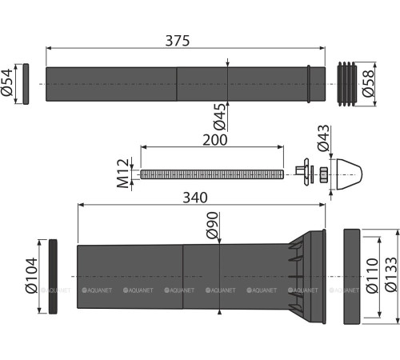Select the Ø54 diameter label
coord(9,83)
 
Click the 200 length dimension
coord(213,139)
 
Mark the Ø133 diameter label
coord(391,275)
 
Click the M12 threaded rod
coord(212,174)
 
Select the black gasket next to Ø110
coord(354,277)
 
